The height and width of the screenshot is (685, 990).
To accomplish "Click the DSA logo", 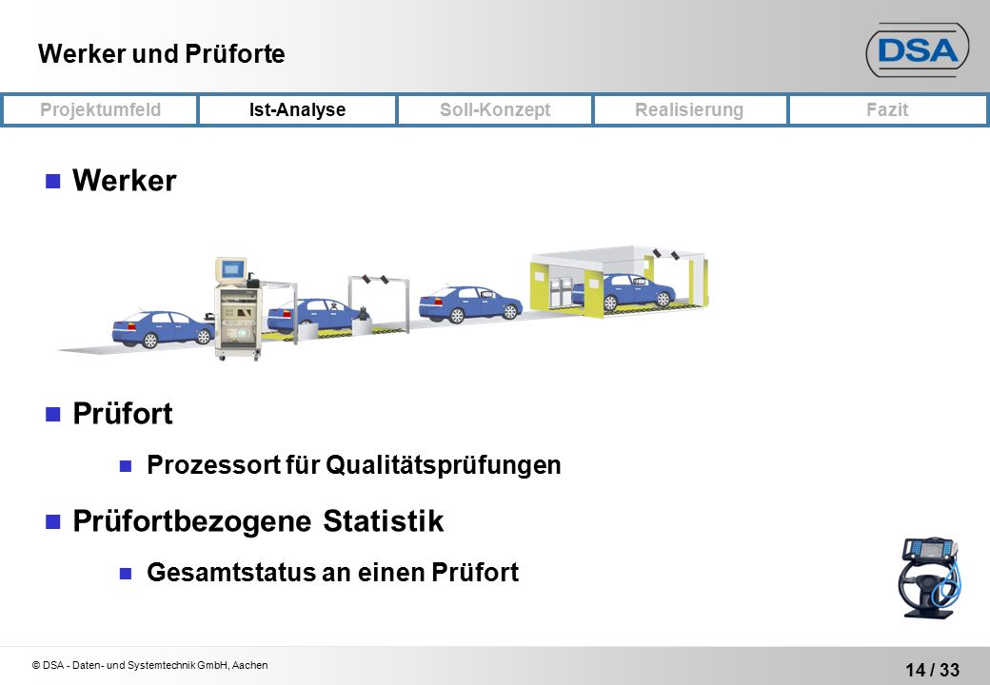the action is [x=918, y=50].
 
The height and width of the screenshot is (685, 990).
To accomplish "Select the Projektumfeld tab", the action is [x=100, y=109].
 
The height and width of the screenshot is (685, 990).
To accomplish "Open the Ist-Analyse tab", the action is [x=297, y=109].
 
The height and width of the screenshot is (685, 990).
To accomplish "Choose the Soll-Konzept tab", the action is [x=495, y=109].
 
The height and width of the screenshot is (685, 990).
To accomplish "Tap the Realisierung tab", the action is [x=689, y=109].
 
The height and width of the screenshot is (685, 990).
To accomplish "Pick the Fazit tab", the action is [x=887, y=109].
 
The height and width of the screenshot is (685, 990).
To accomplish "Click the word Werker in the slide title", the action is [x=82, y=53].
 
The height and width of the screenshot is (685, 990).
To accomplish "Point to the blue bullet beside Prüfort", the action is [x=53, y=415].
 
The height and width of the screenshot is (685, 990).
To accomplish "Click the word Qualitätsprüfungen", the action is [x=444, y=465].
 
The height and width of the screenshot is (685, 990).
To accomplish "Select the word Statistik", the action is [x=384, y=521].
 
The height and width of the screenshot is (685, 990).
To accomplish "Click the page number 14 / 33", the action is [x=933, y=669].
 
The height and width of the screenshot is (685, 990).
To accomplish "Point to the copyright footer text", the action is [x=150, y=665].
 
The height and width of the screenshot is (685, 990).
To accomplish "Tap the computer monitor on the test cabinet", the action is [x=231, y=270].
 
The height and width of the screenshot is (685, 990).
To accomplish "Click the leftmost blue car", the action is [x=163, y=328].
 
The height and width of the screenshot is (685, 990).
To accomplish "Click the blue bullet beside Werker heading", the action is [x=53, y=182].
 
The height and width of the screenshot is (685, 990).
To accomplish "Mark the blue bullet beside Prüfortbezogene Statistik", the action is [x=53, y=521].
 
